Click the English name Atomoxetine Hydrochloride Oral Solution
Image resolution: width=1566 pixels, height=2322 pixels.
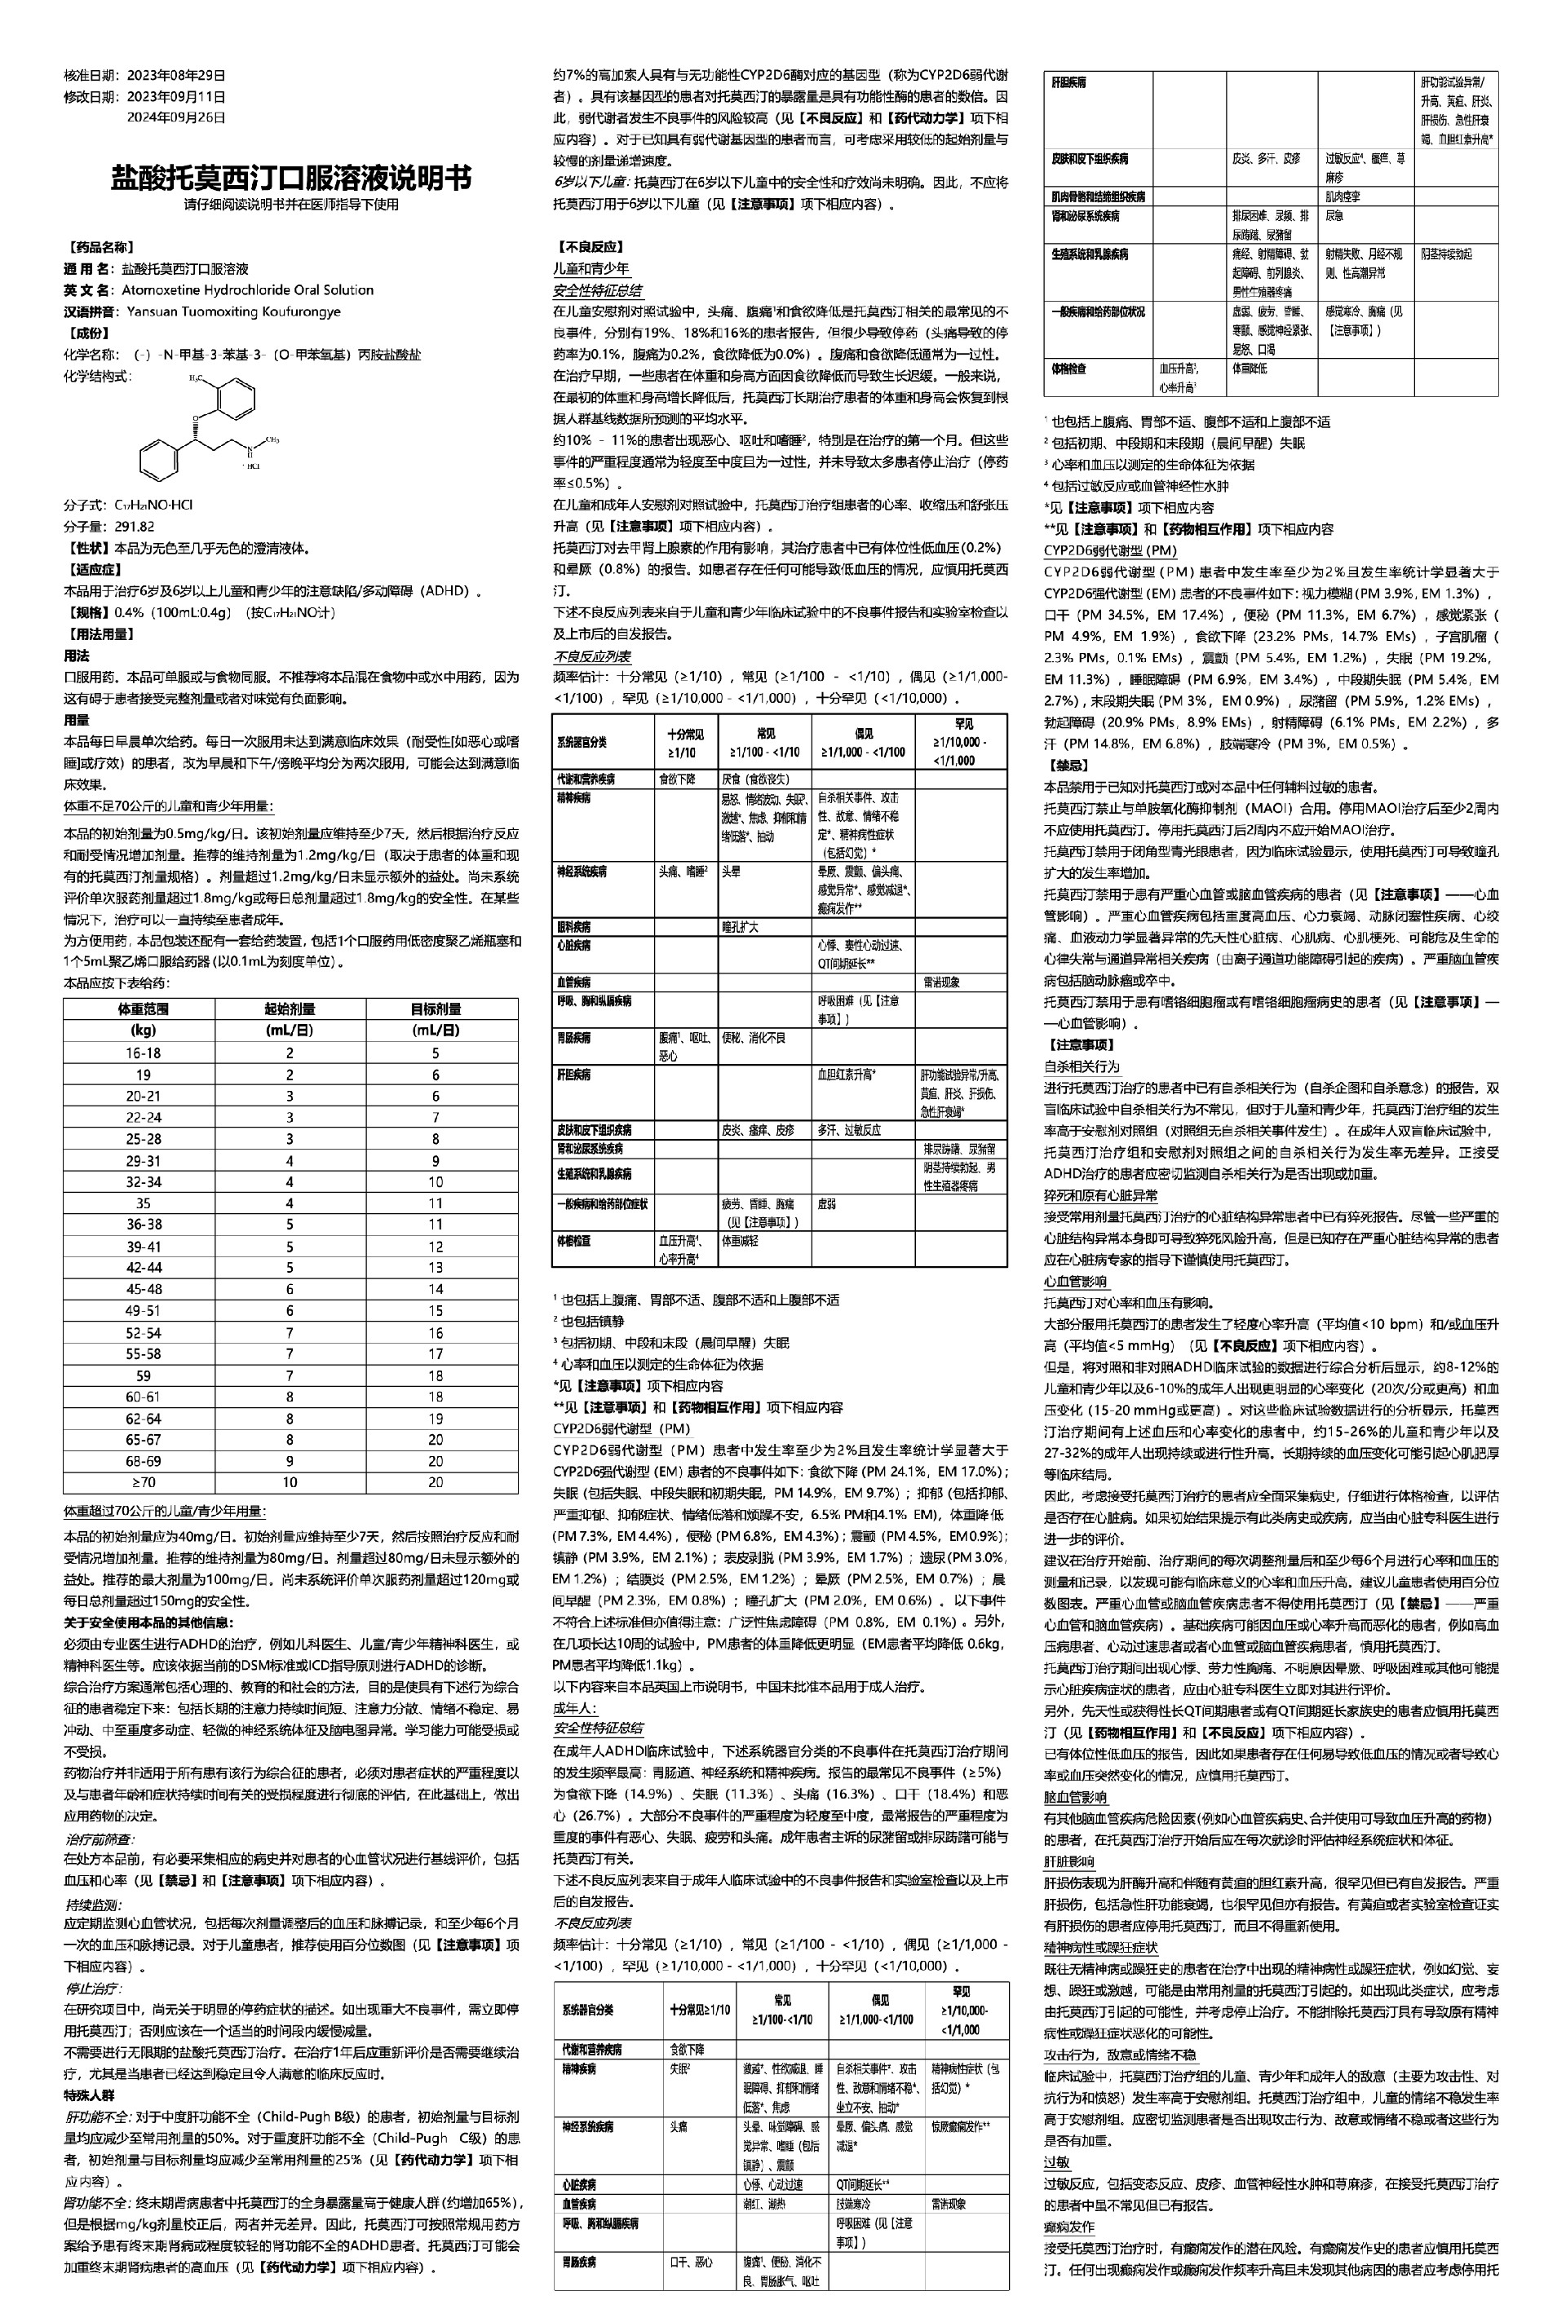click(248, 289)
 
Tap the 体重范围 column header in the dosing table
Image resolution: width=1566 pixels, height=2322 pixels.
click(143, 1009)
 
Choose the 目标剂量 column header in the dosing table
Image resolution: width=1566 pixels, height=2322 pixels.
click(436, 1009)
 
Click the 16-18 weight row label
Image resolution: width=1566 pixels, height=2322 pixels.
click(143, 1053)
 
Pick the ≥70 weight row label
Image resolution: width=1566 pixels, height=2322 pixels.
click(143, 1482)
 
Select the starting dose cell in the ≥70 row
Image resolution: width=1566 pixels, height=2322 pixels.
click(290, 1482)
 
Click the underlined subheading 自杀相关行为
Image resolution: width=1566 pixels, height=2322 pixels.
click(1082, 1066)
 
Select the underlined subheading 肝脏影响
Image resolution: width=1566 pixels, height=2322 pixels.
click(1068, 1861)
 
